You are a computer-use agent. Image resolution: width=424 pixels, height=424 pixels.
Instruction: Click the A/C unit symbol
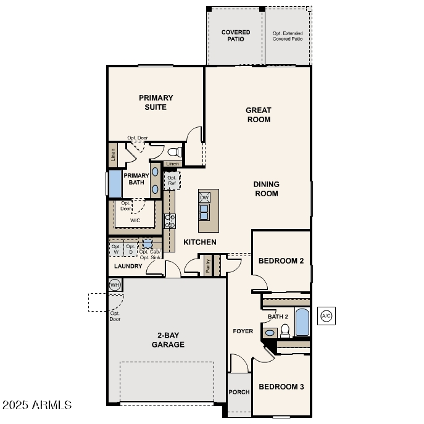326,316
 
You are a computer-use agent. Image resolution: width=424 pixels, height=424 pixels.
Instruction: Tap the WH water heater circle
115,285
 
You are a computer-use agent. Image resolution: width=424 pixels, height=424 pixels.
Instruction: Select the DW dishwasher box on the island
204,197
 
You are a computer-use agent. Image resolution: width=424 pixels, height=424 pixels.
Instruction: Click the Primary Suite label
156,102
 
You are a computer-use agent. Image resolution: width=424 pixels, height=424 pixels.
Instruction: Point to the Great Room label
259,115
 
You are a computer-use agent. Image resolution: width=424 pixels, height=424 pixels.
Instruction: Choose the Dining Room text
266,189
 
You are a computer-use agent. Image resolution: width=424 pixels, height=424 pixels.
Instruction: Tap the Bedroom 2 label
281,261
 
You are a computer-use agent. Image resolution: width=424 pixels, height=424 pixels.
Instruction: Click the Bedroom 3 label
281,387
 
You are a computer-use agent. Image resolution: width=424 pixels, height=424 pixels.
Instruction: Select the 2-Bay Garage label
168,340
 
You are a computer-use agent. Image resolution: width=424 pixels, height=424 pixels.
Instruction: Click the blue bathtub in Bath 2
302,322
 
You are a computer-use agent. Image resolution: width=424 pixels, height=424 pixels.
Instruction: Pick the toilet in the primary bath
173,151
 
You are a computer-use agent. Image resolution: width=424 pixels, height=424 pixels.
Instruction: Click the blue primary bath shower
115,183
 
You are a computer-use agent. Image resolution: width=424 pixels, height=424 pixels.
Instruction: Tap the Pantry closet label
208,265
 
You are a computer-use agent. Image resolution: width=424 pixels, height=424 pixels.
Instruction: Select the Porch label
239,392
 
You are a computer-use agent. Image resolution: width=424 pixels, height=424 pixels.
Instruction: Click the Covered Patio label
236,35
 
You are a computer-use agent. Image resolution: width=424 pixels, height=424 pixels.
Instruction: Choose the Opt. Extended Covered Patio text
288,35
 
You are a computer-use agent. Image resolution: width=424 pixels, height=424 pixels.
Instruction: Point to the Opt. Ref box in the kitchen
172,181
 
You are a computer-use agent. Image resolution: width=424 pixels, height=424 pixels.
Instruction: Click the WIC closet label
135,220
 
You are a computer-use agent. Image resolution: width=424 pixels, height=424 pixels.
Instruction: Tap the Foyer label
243,331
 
